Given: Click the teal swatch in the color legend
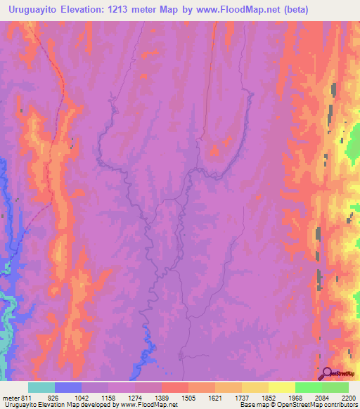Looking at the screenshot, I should (41, 388).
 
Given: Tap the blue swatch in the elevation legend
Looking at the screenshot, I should (68, 388).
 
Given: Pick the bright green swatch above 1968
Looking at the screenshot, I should (308, 388).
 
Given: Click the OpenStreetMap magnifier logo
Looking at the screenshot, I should (328, 373).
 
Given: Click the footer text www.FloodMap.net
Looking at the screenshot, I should (148, 405).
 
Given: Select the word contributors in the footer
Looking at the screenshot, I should (339, 405).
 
